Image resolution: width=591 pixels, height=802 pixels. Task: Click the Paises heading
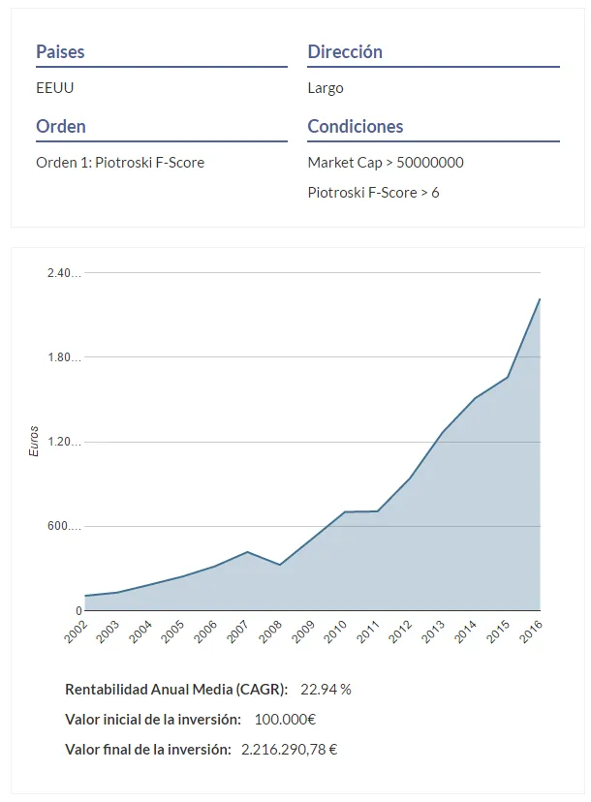coord(60,51)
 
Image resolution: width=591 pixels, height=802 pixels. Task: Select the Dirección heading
coord(345,51)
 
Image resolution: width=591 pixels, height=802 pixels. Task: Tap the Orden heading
coord(61,126)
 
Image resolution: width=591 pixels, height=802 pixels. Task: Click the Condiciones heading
coord(356,126)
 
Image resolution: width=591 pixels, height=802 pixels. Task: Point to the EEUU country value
coord(55,88)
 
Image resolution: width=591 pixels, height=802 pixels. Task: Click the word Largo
coord(326,88)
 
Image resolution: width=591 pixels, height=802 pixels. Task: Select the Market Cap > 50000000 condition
coord(386,163)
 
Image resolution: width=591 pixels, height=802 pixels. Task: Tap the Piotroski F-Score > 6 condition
coord(373,193)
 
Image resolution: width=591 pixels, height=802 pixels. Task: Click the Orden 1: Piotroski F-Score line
coord(120,163)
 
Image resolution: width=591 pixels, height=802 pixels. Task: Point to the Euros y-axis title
coord(34,441)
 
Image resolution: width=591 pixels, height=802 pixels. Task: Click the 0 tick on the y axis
coord(78,611)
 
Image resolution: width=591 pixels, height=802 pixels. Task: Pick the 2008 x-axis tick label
coord(270,632)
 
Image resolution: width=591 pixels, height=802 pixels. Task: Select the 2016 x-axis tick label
coord(531,632)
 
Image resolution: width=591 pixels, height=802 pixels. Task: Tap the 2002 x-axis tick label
coord(76,632)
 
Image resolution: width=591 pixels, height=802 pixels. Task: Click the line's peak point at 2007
coord(247,552)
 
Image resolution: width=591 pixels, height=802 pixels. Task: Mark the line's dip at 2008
coord(280,566)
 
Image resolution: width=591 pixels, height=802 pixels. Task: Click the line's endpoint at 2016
coord(540,299)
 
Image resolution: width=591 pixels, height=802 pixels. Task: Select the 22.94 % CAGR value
coord(326,690)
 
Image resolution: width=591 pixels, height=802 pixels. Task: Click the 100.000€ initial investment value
coord(285,720)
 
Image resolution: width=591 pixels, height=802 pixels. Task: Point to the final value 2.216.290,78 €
coord(289,750)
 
